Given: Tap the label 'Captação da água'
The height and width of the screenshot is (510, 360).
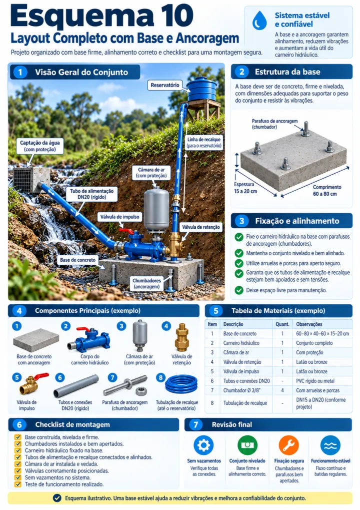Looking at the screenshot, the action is click(40, 143).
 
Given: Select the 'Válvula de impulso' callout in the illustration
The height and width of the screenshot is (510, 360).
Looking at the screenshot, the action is click(119, 217).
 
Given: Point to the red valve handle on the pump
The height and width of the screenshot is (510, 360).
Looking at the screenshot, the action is click(126, 230).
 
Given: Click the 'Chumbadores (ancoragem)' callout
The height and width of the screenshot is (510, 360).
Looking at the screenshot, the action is click(146, 283).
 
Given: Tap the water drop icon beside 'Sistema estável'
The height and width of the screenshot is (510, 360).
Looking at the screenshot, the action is click(259, 20).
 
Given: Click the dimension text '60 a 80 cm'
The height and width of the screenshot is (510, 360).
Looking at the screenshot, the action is click(324, 194).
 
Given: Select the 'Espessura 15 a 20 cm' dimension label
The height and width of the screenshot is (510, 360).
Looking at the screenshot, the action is click(245, 188).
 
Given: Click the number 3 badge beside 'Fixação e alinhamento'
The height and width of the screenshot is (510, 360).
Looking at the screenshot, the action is click(241, 221).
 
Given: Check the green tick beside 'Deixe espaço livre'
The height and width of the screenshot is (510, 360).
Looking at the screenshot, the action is click(239, 290).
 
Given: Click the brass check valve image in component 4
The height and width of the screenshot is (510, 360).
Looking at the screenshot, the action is click(181, 337).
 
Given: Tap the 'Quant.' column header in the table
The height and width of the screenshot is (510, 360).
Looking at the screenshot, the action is click(282, 324).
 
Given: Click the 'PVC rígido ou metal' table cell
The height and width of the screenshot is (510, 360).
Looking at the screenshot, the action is click(315, 381).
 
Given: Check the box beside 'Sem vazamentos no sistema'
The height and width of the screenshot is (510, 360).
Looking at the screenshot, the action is click(18, 477).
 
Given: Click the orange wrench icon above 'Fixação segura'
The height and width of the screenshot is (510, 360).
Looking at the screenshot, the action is click(288, 445).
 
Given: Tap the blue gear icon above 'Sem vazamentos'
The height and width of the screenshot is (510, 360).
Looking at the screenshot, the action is click(203, 445).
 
